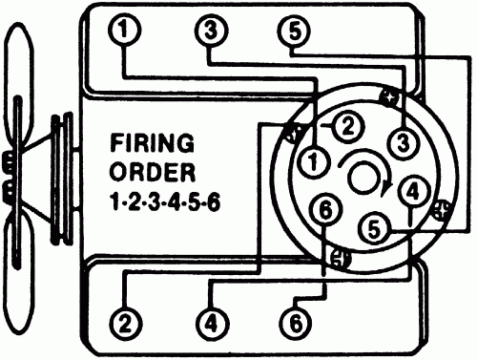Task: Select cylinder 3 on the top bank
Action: [x=210, y=32]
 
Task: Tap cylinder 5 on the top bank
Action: [x=294, y=32]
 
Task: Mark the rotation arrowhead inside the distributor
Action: [x=384, y=188]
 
